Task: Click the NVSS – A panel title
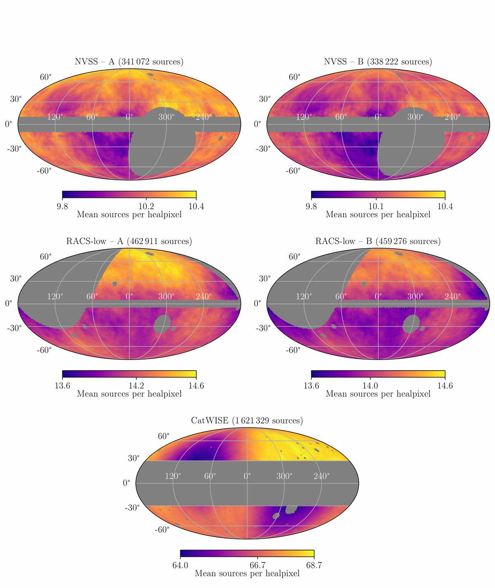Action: coord(129,62)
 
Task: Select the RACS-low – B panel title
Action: coord(378,241)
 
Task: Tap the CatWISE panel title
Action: coord(247,421)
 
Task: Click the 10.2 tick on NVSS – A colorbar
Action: coord(146,207)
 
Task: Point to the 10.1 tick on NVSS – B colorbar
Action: coord(376,207)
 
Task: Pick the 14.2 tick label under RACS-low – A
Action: coord(136,386)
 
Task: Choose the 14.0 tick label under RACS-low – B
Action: coord(370,386)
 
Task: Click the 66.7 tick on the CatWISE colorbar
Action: coord(257,565)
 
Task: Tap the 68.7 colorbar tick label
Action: coord(314,565)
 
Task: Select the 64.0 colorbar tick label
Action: coord(180,565)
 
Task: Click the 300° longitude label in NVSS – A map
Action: coord(166,117)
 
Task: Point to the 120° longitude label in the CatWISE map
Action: coord(173,476)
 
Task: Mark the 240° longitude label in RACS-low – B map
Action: coord(453,296)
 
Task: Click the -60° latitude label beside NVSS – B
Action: coord(293,171)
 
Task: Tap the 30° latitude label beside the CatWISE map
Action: coord(134,458)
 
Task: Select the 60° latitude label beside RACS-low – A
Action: coord(46,256)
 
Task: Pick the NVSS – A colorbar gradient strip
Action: coord(129,194)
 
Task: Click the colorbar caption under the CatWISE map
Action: coord(247,573)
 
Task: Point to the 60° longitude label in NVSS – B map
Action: coord(341,117)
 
